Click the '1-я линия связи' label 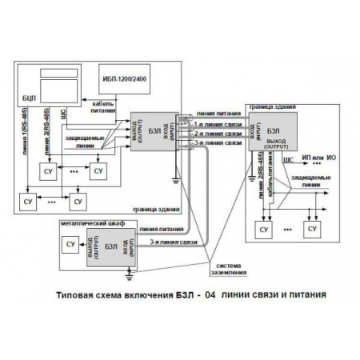click(x=217, y=125)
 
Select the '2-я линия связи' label click(x=217, y=134)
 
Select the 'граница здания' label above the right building click(x=274, y=106)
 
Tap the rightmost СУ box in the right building click(x=312, y=230)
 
